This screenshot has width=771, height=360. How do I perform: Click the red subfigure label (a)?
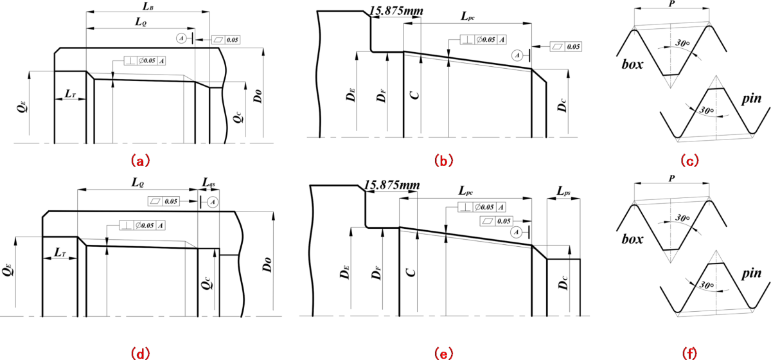tap(140, 158)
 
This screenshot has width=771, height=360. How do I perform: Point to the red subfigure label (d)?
tap(140, 353)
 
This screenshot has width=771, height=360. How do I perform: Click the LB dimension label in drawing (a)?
tap(146, 6)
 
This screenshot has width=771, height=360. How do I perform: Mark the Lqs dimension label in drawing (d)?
tap(209, 183)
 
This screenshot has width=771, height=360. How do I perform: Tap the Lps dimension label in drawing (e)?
tap(564, 192)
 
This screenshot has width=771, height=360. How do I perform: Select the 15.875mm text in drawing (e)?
tap(391, 185)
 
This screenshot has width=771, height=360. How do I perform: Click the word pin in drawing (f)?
tap(752, 274)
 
